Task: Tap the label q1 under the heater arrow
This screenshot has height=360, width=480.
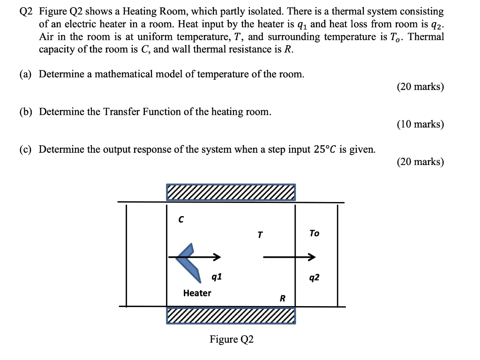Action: tap(217, 277)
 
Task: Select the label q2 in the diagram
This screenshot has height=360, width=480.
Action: tap(315, 277)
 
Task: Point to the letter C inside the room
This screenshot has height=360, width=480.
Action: tap(180, 218)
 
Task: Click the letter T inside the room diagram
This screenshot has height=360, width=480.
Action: tap(260, 234)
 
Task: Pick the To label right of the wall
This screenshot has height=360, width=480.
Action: tap(314, 233)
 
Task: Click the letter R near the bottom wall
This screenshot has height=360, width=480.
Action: tap(282, 298)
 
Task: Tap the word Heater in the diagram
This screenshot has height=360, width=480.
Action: tap(197, 293)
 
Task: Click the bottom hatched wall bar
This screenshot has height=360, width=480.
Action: tap(231, 315)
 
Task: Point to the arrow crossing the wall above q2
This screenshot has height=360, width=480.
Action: tap(289, 257)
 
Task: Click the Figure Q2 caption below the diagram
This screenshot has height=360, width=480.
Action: tap(232, 339)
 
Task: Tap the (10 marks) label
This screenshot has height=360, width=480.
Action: tap(420, 124)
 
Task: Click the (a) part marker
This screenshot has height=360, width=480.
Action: tap(26, 74)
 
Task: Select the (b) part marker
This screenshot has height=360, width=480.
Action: tap(26, 112)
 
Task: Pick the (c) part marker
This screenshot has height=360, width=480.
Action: tap(26, 149)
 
